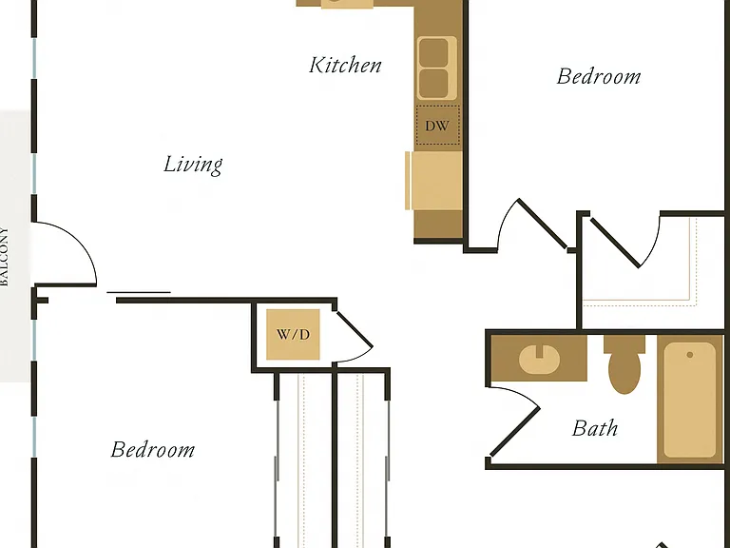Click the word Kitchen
tap(345, 66)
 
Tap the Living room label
tap(193, 165)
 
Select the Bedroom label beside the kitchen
tap(599, 76)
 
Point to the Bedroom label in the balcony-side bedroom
tap(153, 450)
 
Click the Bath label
tap(595, 428)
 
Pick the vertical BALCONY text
tap(4, 256)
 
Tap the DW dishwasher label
tap(436, 126)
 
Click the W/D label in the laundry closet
tap(293, 334)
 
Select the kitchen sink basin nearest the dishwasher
tap(433, 84)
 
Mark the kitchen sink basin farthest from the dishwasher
tap(433, 52)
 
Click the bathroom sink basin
tap(539, 360)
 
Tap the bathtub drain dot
tap(689, 355)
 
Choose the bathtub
tap(689, 400)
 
